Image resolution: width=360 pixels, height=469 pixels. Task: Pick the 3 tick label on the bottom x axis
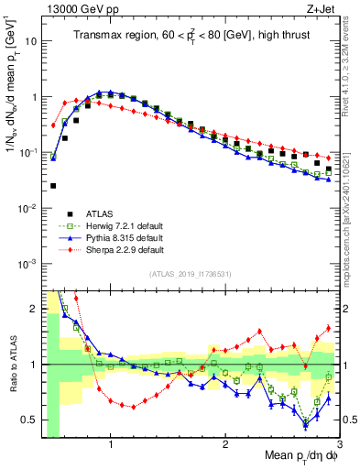pos(340,444)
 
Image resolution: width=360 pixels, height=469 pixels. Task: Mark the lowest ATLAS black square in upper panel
pos(53,186)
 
